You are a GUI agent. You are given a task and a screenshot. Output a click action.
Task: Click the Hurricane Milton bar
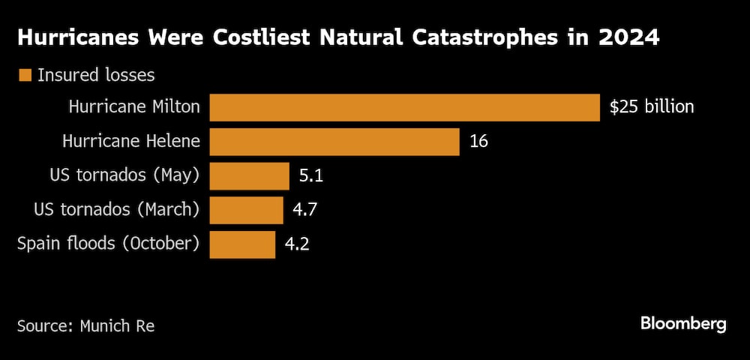click(404, 107)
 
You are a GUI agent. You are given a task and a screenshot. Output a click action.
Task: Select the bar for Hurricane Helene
click(334, 142)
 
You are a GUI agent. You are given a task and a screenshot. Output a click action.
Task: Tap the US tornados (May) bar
click(249, 176)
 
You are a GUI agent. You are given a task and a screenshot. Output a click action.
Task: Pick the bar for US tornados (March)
click(246, 211)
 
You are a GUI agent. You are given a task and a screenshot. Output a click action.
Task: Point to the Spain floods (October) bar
click(242, 244)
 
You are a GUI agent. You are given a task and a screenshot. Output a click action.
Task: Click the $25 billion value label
click(652, 107)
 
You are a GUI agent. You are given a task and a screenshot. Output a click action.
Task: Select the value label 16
click(478, 142)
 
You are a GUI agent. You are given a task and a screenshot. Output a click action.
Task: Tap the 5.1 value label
click(311, 176)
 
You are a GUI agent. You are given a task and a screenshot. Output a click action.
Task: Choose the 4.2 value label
click(298, 244)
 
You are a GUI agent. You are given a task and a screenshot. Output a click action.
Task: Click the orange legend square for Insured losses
click(25, 75)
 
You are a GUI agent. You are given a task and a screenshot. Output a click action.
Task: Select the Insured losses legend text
click(96, 75)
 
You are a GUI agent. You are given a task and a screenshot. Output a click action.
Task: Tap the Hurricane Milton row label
click(134, 107)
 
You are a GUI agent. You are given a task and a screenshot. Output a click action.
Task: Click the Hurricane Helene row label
click(131, 142)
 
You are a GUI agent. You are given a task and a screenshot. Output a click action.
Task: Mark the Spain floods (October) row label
click(109, 244)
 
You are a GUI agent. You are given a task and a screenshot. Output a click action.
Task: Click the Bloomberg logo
click(683, 324)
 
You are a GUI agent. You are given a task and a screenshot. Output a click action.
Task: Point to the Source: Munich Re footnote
click(86, 326)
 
